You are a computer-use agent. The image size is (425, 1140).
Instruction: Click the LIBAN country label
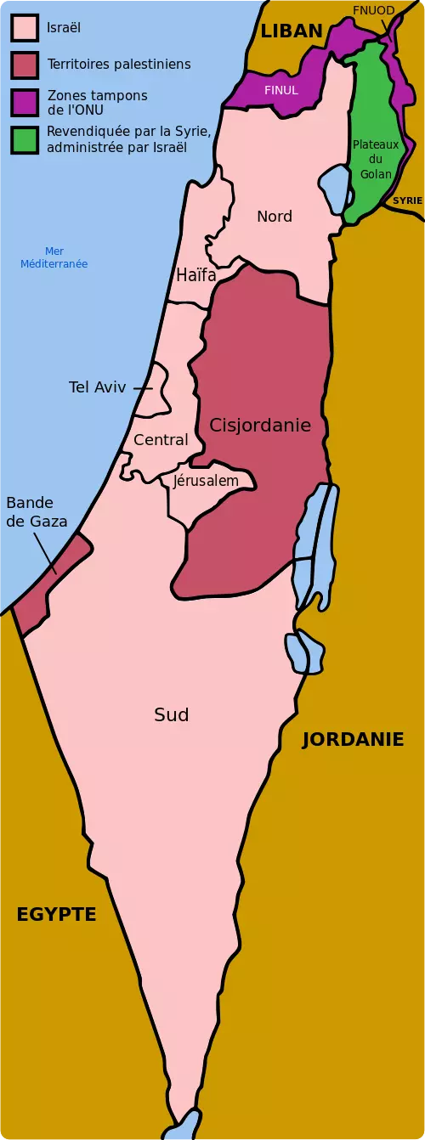pos(292,31)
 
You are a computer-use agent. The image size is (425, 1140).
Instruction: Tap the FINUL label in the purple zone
pos(281,90)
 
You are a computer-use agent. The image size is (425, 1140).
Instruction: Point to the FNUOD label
pos(373,10)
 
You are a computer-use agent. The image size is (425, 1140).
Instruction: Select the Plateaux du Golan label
pos(375,159)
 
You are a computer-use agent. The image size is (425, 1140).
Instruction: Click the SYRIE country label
pos(407,200)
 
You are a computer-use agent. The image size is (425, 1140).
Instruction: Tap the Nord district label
pos(275,217)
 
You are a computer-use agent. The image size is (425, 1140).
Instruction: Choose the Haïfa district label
pos(195,275)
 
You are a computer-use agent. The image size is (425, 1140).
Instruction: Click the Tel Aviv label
pos(97,387)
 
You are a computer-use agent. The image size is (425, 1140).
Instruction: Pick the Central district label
pos(161,440)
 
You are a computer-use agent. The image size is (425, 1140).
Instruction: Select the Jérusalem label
pos(206,481)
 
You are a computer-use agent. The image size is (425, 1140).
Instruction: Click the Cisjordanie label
pos(260,425)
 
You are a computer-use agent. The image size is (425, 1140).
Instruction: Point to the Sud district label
pos(171,715)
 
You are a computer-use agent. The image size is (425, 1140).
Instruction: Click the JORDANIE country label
pos(353,739)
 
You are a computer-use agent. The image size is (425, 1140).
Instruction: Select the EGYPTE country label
pos(56,914)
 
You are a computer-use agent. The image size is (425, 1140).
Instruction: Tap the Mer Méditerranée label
pos(54,257)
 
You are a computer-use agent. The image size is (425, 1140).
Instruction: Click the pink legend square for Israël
pos(25,28)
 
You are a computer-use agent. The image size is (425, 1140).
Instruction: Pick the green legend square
pos(25,140)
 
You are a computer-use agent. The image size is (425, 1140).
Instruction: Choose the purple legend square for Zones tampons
pos(25,103)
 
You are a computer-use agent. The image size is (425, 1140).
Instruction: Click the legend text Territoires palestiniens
pos(119,65)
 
